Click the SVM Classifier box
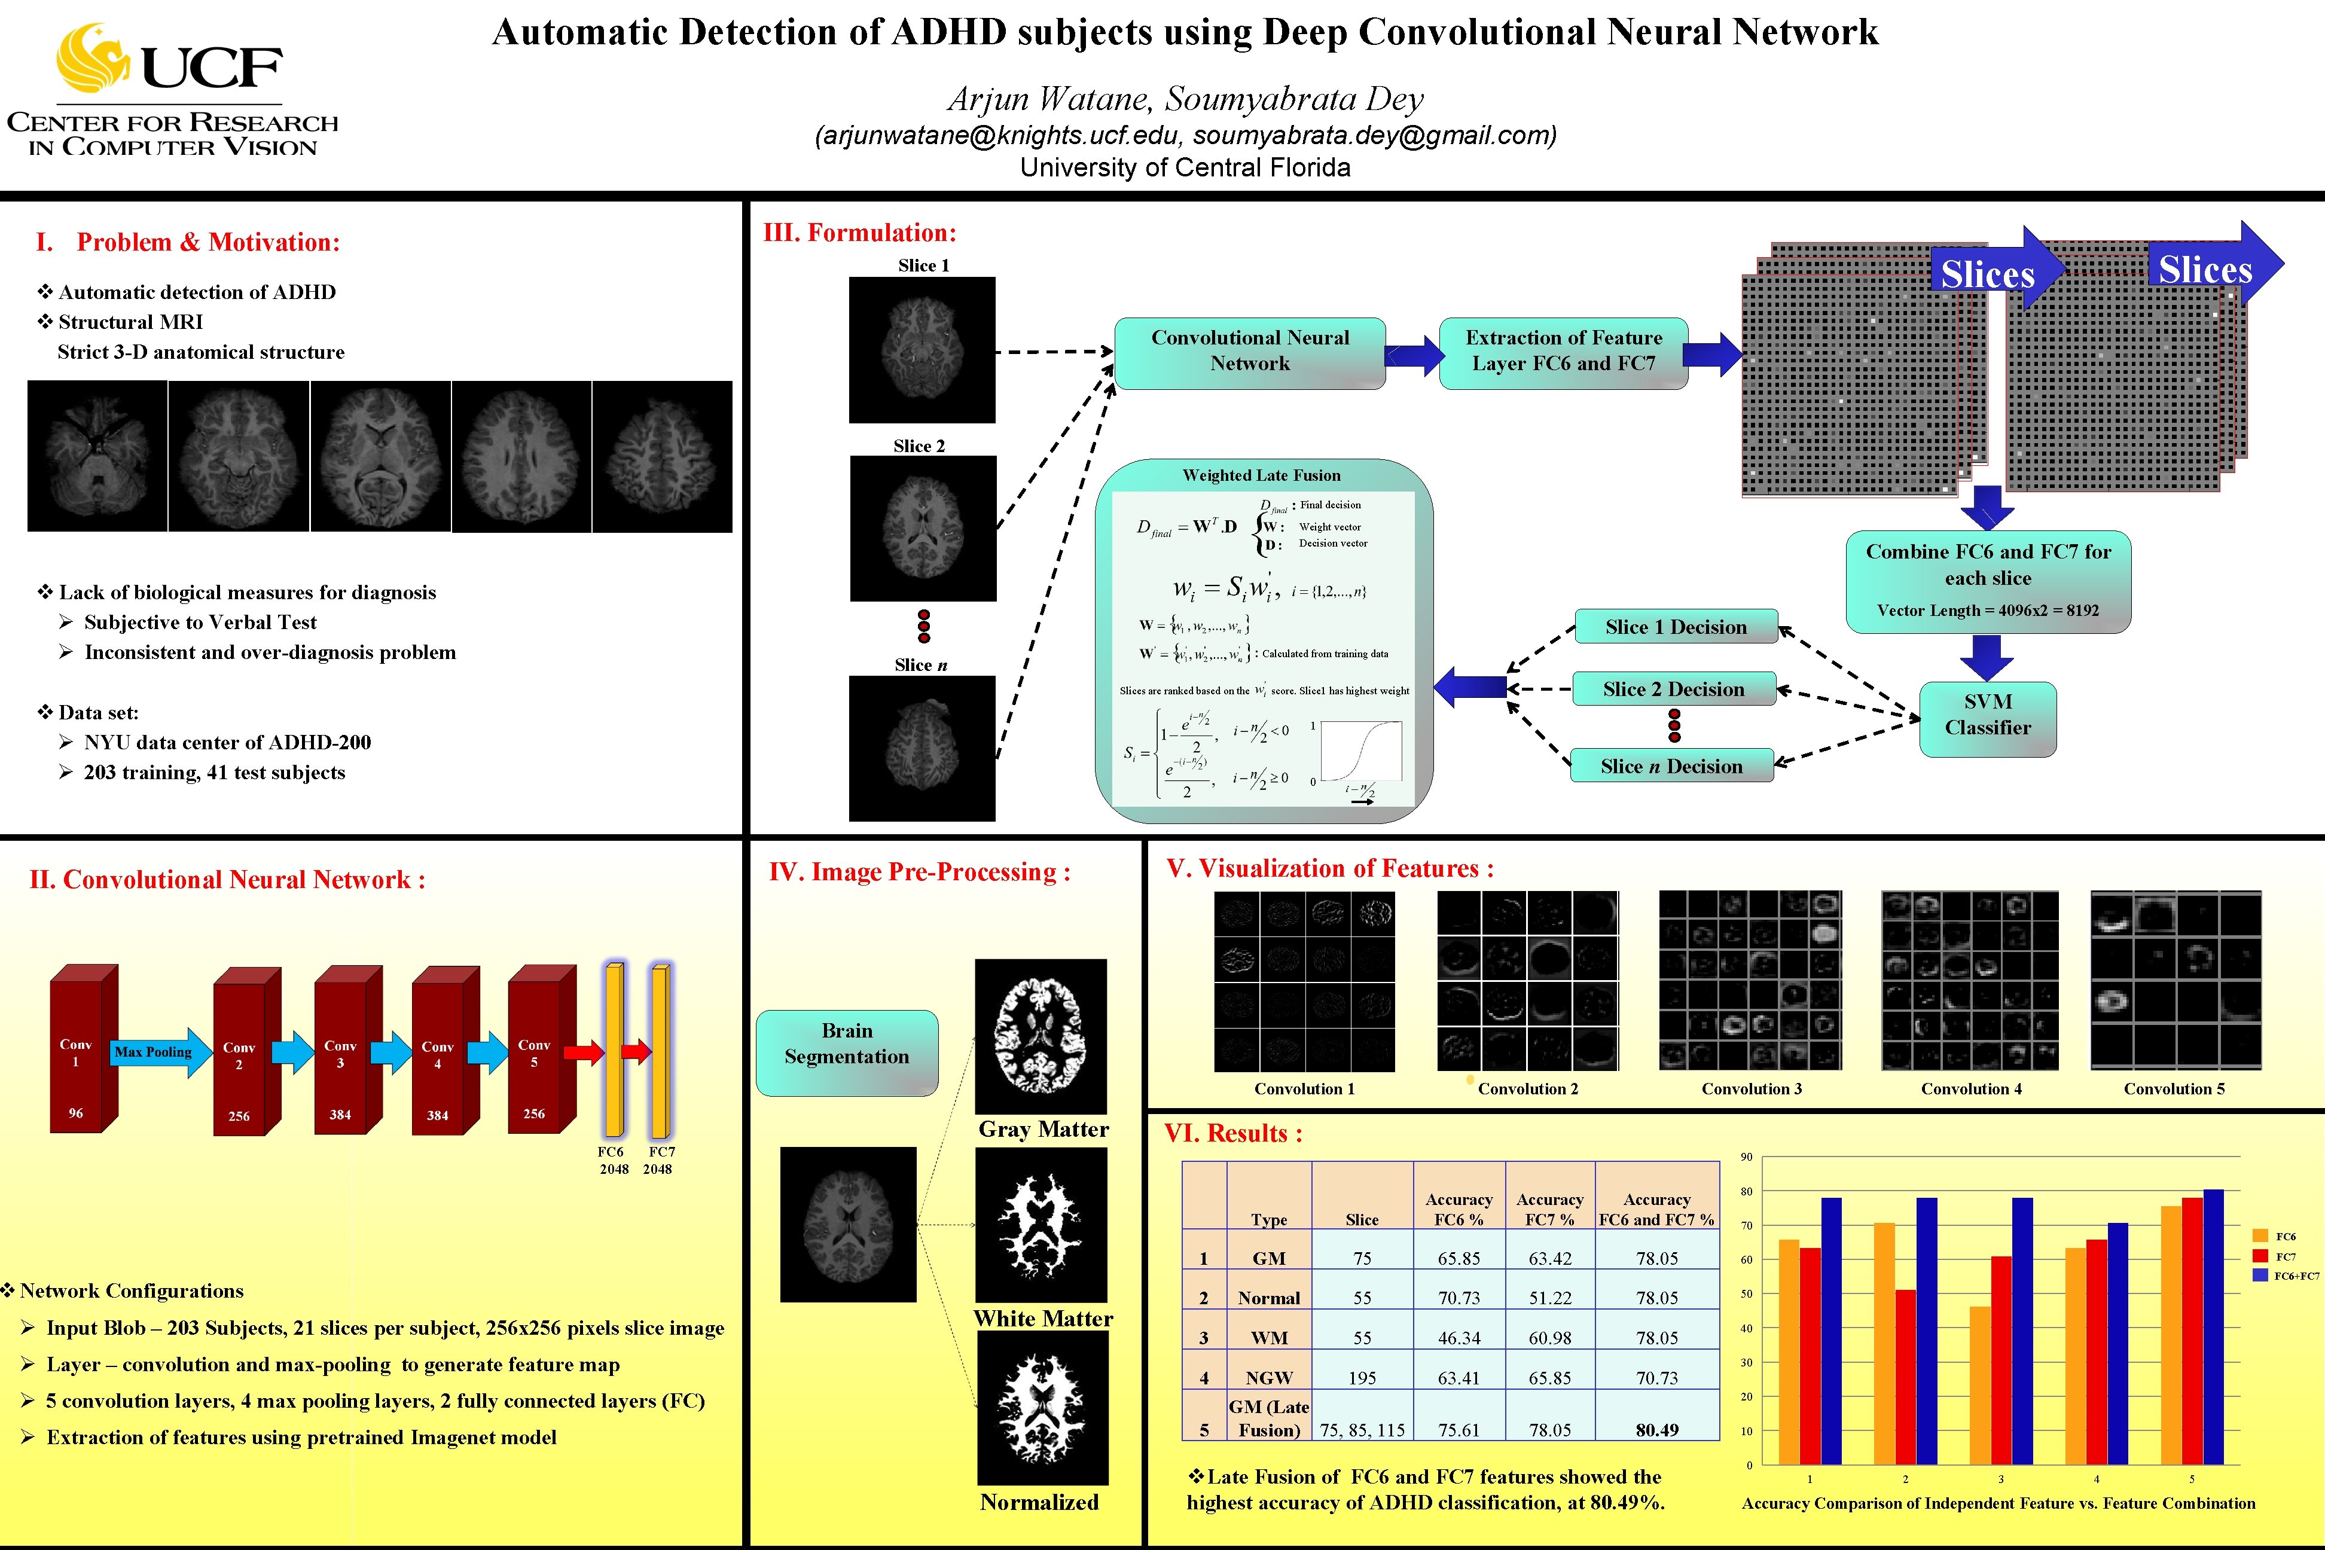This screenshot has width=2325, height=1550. pos(1987,715)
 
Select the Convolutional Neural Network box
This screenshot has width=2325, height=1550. pos(1249,352)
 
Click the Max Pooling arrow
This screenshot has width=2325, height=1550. pos(158,1052)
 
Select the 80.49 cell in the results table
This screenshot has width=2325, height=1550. pos(1657,1429)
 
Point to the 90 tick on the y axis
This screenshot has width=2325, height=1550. pos(1747,1157)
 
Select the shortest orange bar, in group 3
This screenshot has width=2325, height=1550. pos(1980,1384)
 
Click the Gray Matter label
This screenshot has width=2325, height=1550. pos(1043,1129)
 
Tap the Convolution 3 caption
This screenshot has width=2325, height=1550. pos(1751,1088)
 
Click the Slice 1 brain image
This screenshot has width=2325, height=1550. pos(922,349)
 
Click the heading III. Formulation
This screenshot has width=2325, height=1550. pos(859,233)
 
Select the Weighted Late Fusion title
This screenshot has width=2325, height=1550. pos(1261,475)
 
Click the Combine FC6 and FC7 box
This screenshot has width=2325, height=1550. pos(1987,581)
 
